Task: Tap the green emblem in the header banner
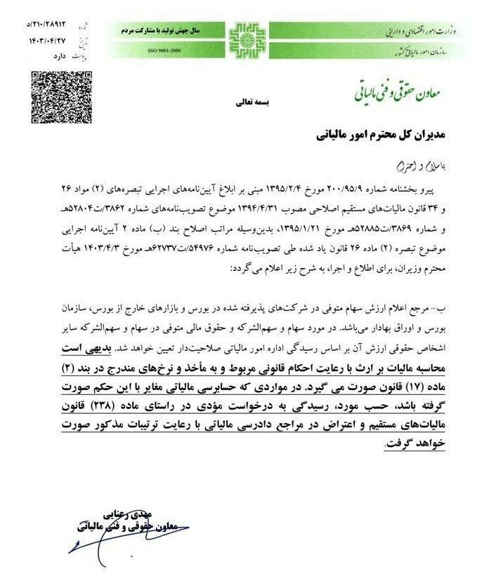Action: [248, 39]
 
